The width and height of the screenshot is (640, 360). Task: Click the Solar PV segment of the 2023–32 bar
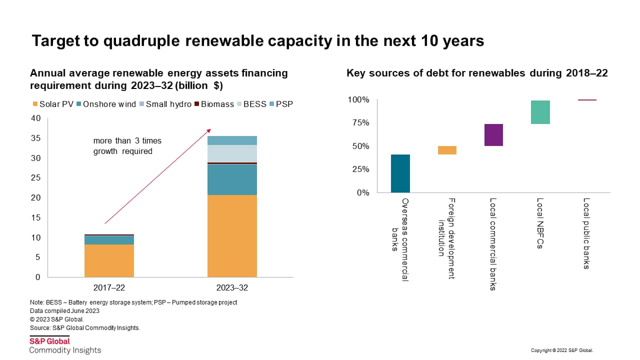coord(232,235)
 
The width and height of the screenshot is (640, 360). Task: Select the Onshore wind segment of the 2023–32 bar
coord(232,179)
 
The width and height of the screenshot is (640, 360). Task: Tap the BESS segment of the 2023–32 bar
coord(232,153)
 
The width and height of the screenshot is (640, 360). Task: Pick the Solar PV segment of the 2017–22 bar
coord(109,260)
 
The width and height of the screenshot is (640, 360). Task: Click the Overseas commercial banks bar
coord(400,173)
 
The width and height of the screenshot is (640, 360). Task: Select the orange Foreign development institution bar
coord(447,150)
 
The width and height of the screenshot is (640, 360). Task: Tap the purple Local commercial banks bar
coord(493,134)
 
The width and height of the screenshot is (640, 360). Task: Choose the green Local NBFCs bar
coord(540,112)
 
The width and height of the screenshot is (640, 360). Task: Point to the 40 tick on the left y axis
coord(35,118)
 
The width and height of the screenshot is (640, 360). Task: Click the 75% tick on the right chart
coord(358,123)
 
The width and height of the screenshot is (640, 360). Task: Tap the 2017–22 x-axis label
coord(109,288)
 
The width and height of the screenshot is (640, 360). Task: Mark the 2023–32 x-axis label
coord(232,288)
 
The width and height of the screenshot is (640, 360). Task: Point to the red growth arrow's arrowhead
coord(209,130)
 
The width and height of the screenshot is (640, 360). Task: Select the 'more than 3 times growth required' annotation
coord(127,146)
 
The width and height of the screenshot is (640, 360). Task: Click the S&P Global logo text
coord(49,341)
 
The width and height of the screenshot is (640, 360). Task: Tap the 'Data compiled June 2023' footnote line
coord(64,311)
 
